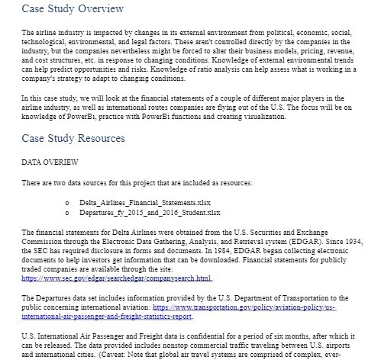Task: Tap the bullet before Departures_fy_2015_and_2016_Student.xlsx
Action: click(68, 212)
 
